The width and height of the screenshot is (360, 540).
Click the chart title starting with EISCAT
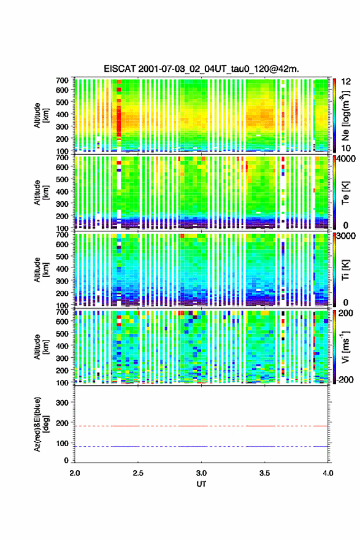[x=201, y=69]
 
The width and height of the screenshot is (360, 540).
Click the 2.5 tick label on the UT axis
[x=138, y=473]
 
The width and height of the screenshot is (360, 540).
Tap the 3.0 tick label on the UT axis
[x=201, y=473]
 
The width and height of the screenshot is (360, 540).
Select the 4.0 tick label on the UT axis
[x=328, y=473]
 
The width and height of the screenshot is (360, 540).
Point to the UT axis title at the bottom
[x=201, y=484]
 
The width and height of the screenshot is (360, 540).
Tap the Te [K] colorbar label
[x=345, y=193]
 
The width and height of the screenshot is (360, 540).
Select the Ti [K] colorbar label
[x=345, y=269]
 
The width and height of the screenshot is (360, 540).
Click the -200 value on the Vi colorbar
[x=345, y=379]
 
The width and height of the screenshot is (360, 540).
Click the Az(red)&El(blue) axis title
[x=40, y=424]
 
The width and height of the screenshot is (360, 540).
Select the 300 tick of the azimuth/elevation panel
[x=62, y=403]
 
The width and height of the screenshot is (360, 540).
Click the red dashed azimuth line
[x=201, y=426]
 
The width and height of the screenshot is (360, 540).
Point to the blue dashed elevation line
[x=201, y=446]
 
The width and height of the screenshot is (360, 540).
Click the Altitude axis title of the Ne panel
[x=40, y=115]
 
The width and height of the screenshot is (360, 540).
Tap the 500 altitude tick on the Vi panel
[x=62, y=334]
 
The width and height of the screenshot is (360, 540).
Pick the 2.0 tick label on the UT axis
[x=75, y=473]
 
